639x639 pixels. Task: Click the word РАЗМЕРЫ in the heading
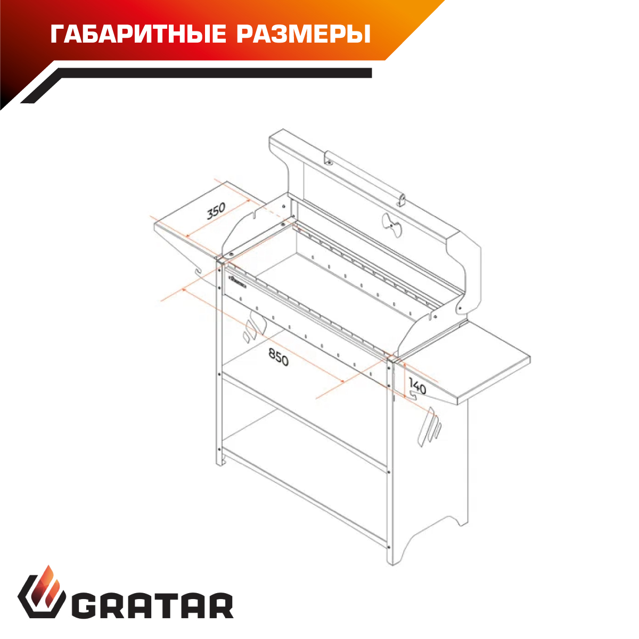click(x=304, y=34)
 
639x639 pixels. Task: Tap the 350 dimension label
click(x=216, y=211)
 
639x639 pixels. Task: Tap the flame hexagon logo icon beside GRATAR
click(x=42, y=596)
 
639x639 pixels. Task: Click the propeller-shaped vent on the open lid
click(x=391, y=225)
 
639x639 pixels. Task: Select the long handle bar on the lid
click(x=365, y=178)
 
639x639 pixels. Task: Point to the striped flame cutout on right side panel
click(x=429, y=427)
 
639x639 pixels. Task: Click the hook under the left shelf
click(x=198, y=271)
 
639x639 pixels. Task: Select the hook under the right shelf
click(x=414, y=395)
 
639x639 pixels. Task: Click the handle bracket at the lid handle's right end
click(x=402, y=200)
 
